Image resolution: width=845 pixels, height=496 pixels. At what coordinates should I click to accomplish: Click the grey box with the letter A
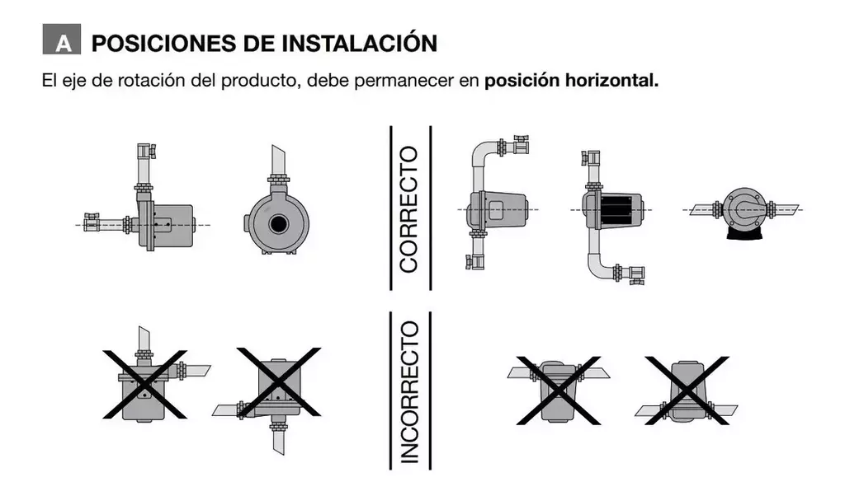61,39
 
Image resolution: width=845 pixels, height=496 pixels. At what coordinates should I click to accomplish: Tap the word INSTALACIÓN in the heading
360,43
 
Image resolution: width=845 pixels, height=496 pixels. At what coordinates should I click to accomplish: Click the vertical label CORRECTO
409,209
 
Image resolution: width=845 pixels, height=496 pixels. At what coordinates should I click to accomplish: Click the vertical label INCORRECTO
409,392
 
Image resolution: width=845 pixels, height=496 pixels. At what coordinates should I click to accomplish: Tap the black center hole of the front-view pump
279,223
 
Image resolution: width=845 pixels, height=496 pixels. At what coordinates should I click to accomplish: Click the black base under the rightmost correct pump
745,233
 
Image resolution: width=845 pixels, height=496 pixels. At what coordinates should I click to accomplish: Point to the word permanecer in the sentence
404,82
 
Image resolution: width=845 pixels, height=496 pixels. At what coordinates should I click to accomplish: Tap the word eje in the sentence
71,82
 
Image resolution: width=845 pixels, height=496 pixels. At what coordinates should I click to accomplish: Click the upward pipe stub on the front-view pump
278,161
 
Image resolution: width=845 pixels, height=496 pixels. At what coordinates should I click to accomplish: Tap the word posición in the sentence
522,82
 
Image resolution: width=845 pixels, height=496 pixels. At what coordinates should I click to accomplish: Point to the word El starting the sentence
49,81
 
